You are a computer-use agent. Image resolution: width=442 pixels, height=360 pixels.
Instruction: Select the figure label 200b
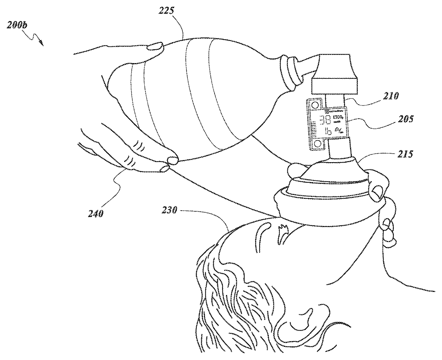pos(18,26)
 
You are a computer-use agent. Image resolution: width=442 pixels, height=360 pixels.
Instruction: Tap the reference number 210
pos(391,96)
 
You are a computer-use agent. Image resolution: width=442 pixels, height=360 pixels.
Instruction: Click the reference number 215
pos(405,154)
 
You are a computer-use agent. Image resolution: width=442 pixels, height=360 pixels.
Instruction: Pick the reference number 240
pos(96,214)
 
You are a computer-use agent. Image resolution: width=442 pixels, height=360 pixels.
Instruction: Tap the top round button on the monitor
pos(315,105)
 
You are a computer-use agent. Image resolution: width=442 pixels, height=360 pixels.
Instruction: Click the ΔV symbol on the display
pos(338,132)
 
